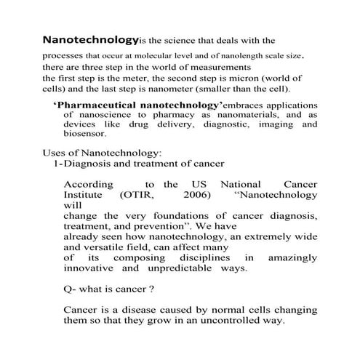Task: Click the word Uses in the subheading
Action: (56, 153)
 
